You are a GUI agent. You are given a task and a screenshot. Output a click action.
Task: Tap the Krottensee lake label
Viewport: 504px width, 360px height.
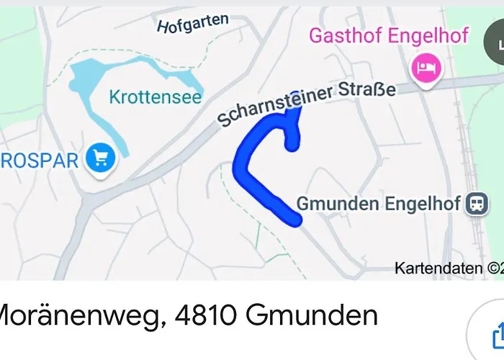tap(156, 96)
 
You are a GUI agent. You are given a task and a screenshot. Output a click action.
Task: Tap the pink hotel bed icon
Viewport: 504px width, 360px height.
tap(424, 68)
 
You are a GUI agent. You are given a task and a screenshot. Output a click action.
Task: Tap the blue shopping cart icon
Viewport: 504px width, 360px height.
tap(99, 158)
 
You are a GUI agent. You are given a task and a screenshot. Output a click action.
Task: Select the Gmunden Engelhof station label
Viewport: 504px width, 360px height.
tap(378, 204)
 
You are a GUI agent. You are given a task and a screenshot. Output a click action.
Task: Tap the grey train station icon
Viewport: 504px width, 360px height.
tap(476, 204)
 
